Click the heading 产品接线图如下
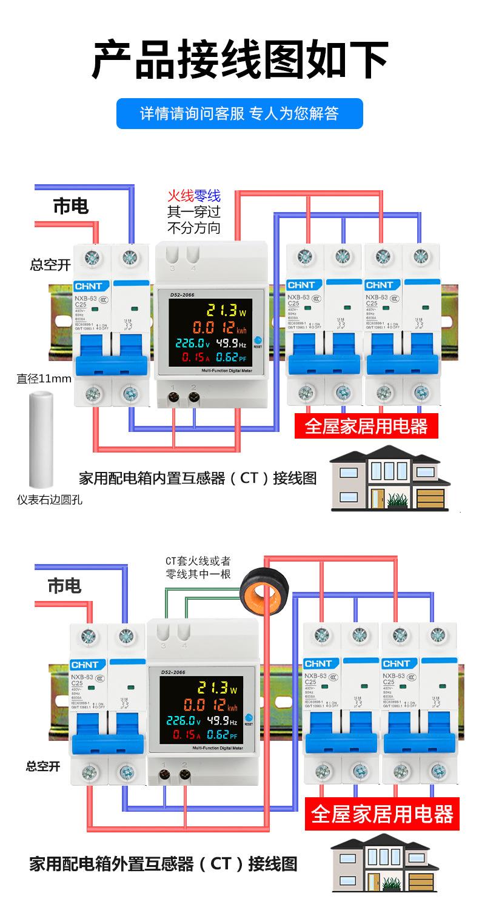pyautogui.click(x=239, y=59)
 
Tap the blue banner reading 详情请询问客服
pyautogui.click(x=239, y=113)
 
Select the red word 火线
pyautogui.click(x=180, y=196)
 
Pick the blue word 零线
pyautogui.click(x=207, y=196)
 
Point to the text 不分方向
pyautogui.click(x=193, y=228)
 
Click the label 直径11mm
pyautogui.click(x=44, y=379)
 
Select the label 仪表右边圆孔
pyautogui.click(x=49, y=500)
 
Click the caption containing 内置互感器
pyautogui.click(x=198, y=478)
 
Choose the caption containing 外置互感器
pyautogui.click(x=163, y=863)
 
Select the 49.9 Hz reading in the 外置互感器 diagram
pyautogui.click(x=222, y=721)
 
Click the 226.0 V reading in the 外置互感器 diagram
pyautogui.click(x=181, y=721)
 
